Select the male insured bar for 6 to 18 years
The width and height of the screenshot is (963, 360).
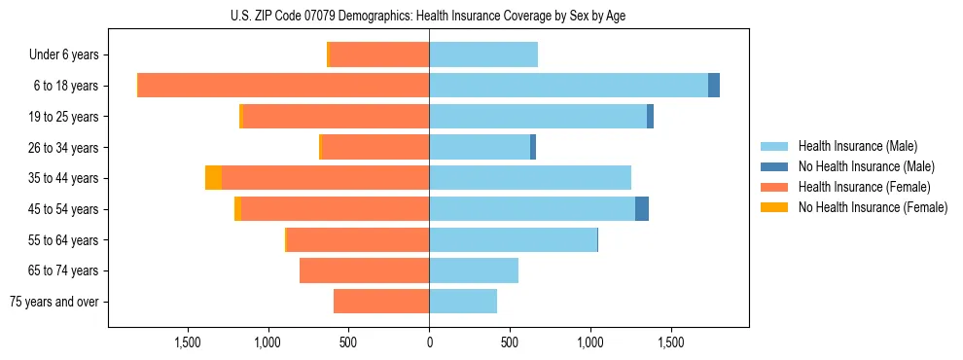point(568,86)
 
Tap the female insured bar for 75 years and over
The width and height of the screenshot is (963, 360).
point(381,302)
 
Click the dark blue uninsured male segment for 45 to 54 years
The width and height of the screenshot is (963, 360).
point(642,209)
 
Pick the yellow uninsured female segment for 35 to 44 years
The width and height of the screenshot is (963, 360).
point(213,178)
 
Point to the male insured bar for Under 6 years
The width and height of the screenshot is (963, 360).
point(483,54)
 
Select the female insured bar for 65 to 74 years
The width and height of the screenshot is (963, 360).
point(364,270)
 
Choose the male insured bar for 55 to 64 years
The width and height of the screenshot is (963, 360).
point(513,239)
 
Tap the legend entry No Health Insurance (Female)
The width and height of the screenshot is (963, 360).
point(872,207)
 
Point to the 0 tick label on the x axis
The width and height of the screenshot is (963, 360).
point(429,342)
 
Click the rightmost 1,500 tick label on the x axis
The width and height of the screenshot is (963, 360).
point(671,342)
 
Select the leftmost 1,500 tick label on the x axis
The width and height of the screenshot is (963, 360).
point(187,342)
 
